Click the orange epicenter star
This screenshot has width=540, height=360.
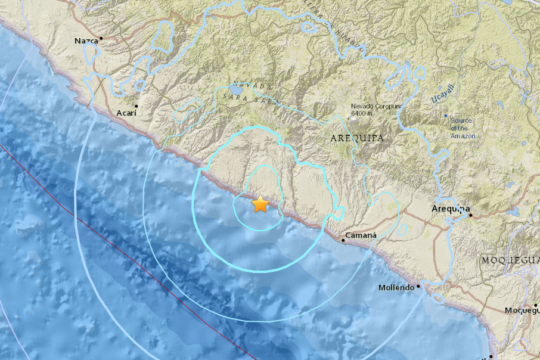[260, 204]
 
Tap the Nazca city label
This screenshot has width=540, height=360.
[86, 41]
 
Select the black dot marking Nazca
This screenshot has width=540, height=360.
[101, 38]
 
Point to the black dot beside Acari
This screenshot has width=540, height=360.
[136, 106]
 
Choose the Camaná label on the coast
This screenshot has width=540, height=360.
[363, 235]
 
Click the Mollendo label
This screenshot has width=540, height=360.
[396, 288]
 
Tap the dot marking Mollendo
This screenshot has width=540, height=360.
[418, 286]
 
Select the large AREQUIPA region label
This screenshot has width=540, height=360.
[357, 138]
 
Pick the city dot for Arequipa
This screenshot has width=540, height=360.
[470, 215]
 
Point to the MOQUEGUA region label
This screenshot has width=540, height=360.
[509, 261]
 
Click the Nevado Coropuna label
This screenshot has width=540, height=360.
[377, 107]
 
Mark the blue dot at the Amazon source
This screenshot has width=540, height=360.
[446, 115]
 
